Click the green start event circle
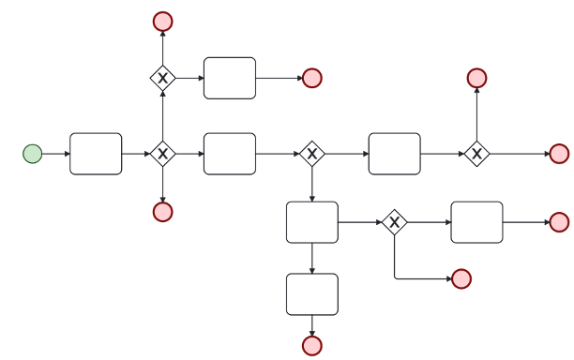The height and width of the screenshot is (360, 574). pos(33,154)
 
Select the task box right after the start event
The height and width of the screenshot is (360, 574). pos(96,154)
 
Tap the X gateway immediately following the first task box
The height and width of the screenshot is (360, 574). pos(163,154)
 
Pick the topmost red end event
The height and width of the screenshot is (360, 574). pos(163,21)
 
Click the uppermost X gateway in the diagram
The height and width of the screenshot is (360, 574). pos(163,78)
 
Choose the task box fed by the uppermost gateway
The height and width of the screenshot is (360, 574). pos(230,78)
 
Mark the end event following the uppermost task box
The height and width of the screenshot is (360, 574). pos(312,78)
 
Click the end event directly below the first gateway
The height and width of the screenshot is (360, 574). pos(163,212)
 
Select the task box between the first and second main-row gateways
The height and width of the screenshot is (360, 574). pos(230,154)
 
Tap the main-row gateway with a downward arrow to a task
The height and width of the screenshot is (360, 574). pos(312,154)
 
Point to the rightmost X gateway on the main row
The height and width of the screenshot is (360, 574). pos(476,154)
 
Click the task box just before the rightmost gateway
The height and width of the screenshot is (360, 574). pos(395,154)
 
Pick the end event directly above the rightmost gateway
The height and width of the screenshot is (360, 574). pos(476,78)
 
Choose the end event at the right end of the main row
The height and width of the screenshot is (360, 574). pos(559,154)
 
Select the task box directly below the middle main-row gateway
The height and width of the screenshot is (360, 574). pos(312,222)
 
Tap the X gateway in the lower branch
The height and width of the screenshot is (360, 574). pos(395,222)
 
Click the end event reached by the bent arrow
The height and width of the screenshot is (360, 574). pos(461,278)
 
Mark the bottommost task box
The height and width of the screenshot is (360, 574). pos(312,294)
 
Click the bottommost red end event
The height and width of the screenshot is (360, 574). pos(312,346)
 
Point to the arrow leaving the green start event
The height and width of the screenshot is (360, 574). pos(55,154)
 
